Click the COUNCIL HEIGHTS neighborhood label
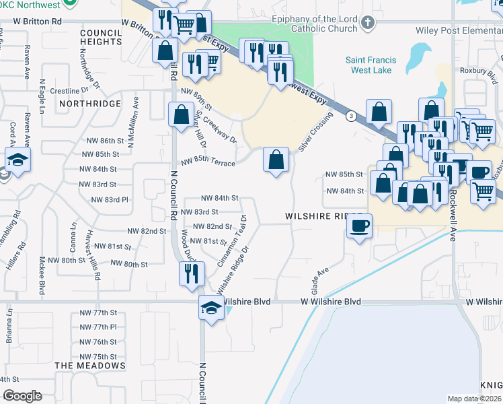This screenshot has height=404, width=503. [x=100, y=37]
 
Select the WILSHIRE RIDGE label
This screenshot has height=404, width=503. [x=319, y=217]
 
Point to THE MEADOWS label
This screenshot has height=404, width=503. [x=90, y=366]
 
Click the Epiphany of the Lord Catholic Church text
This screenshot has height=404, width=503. [x=314, y=20]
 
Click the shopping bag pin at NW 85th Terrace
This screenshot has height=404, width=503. [x=276, y=160]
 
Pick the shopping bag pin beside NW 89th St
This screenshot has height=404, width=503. [x=181, y=114]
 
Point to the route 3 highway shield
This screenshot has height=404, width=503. [x=351, y=116]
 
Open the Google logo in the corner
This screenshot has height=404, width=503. [x=22, y=396]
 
